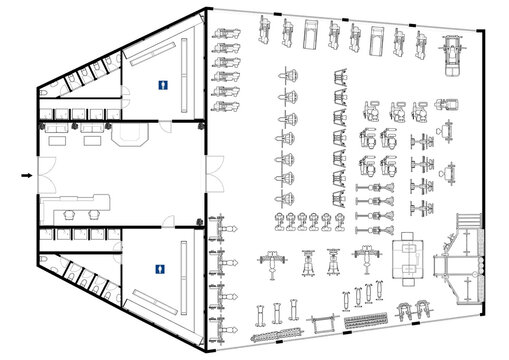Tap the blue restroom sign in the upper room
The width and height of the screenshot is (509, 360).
(x=161, y=86)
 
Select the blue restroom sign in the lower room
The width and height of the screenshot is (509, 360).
(x=161, y=267)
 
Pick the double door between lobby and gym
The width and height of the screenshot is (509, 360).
(x=208, y=177)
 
